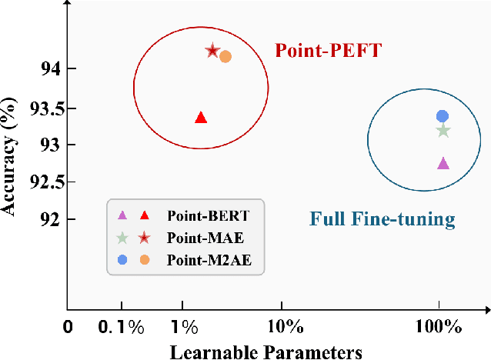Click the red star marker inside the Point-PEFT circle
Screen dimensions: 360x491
(x=212, y=51)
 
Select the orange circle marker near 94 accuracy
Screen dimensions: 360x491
(x=225, y=56)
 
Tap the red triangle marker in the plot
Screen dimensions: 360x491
(x=201, y=118)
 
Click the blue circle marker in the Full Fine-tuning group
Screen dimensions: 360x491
(x=443, y=116)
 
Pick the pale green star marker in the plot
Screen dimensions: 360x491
(x=443, y=131)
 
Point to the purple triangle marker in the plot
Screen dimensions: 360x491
(x=443, y=163)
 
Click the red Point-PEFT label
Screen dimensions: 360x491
(x=329, y=51)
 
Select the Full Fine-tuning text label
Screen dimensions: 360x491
(x=382, y=220)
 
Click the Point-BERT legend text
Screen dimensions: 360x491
(x=202, y=215)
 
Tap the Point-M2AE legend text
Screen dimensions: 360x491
(x=203, y=260)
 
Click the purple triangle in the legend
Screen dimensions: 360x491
(x=121, y=215)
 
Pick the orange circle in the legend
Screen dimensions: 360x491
(x=144, y=260)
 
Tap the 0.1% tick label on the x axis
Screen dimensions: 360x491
(x=122, y=328)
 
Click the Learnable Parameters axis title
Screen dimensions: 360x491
(x=266, y=351)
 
